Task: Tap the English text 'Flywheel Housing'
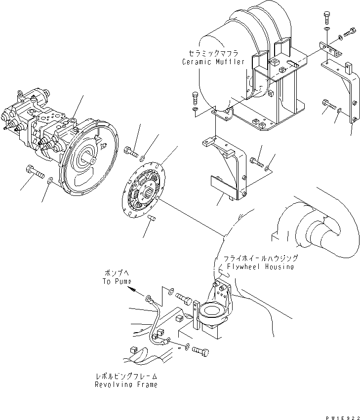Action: click(x=260, y=267)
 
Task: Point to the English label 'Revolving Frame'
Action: click(x=126, y=384)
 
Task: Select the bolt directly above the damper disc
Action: click(x=131, y=151)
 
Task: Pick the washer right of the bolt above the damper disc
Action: click(x=142, y=158)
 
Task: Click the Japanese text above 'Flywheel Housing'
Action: click(x=260, y=258)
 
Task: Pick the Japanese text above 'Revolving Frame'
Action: click(x=126, y=376)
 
